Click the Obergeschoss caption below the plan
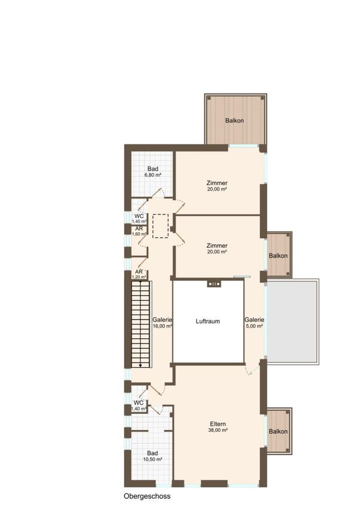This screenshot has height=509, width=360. [147, 496]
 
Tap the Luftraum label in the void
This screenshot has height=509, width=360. [208, 321]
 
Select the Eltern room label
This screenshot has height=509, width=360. [218, 424]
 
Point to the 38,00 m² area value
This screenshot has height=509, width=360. [218, 430]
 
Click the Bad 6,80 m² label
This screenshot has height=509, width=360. [153, 171]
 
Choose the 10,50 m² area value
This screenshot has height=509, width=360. [153, 459]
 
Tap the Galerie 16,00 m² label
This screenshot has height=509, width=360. [162, 323]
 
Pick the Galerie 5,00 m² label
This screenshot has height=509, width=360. [254, 323]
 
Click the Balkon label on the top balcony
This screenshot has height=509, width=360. [234, 120]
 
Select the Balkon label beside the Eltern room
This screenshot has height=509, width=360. [278, 431]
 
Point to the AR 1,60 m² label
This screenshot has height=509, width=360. [139, 231]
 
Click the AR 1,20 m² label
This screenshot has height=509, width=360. [139, 274]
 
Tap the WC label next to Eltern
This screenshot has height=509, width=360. [138, 403]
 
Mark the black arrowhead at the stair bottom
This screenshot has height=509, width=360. [140, 365]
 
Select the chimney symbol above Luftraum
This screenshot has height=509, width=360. [214, 284]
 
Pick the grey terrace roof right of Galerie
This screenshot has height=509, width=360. [292, 322]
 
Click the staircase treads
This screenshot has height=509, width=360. [141, 325]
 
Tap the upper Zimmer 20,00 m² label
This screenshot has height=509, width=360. [217, 186]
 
